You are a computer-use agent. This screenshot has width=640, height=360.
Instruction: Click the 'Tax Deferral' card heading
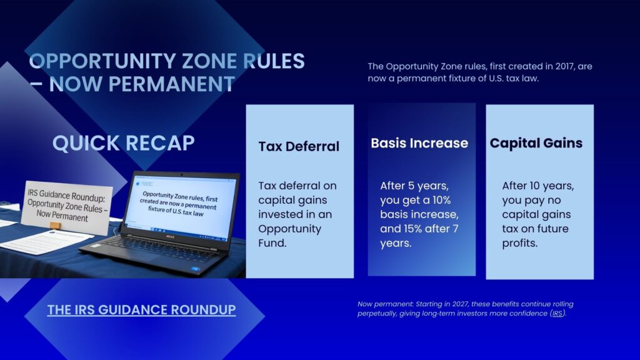point(299,147)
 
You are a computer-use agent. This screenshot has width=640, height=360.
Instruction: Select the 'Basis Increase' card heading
point(419,143)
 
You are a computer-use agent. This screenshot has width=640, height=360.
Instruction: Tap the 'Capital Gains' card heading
point(536,143)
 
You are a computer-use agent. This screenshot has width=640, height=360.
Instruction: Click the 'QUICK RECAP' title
point(123,143)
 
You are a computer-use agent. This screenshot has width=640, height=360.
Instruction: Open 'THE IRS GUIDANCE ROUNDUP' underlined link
point(141,309)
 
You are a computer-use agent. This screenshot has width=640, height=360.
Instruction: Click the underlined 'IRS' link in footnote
point(557,314)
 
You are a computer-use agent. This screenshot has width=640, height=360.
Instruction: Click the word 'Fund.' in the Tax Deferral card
point(272,243)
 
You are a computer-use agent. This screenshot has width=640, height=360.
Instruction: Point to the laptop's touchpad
point(125,261)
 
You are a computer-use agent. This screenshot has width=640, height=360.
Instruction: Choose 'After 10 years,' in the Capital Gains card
point(537,186)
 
